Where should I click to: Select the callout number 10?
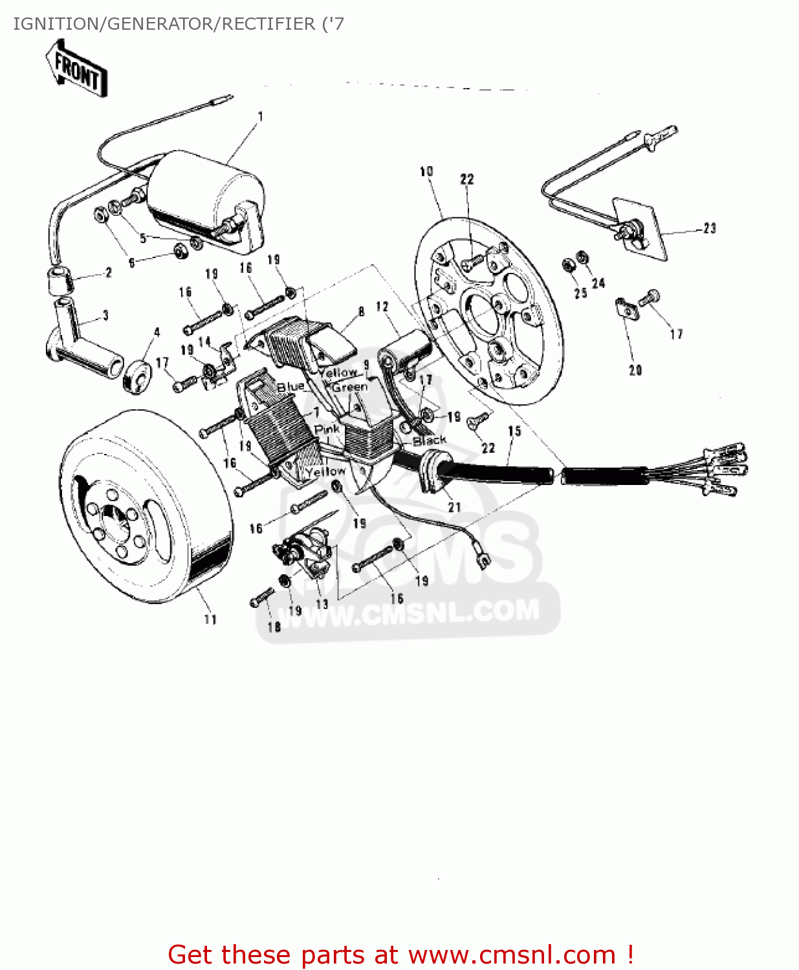[426, 171]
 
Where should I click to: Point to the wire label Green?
[350, 387]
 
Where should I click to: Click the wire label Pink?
[327, 429]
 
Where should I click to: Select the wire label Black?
[430, 440]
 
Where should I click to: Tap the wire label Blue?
[290, 387]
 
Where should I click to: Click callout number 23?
[710, 228]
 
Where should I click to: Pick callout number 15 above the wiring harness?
[514, 431]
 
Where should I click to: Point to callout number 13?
[322, 604]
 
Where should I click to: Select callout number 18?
[274, 627]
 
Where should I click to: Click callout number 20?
[635, 370]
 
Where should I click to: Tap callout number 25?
[580, 293]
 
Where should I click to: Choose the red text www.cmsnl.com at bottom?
[512, 955]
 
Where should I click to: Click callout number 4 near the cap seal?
[157, 332]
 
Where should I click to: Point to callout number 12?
[382, 307]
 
